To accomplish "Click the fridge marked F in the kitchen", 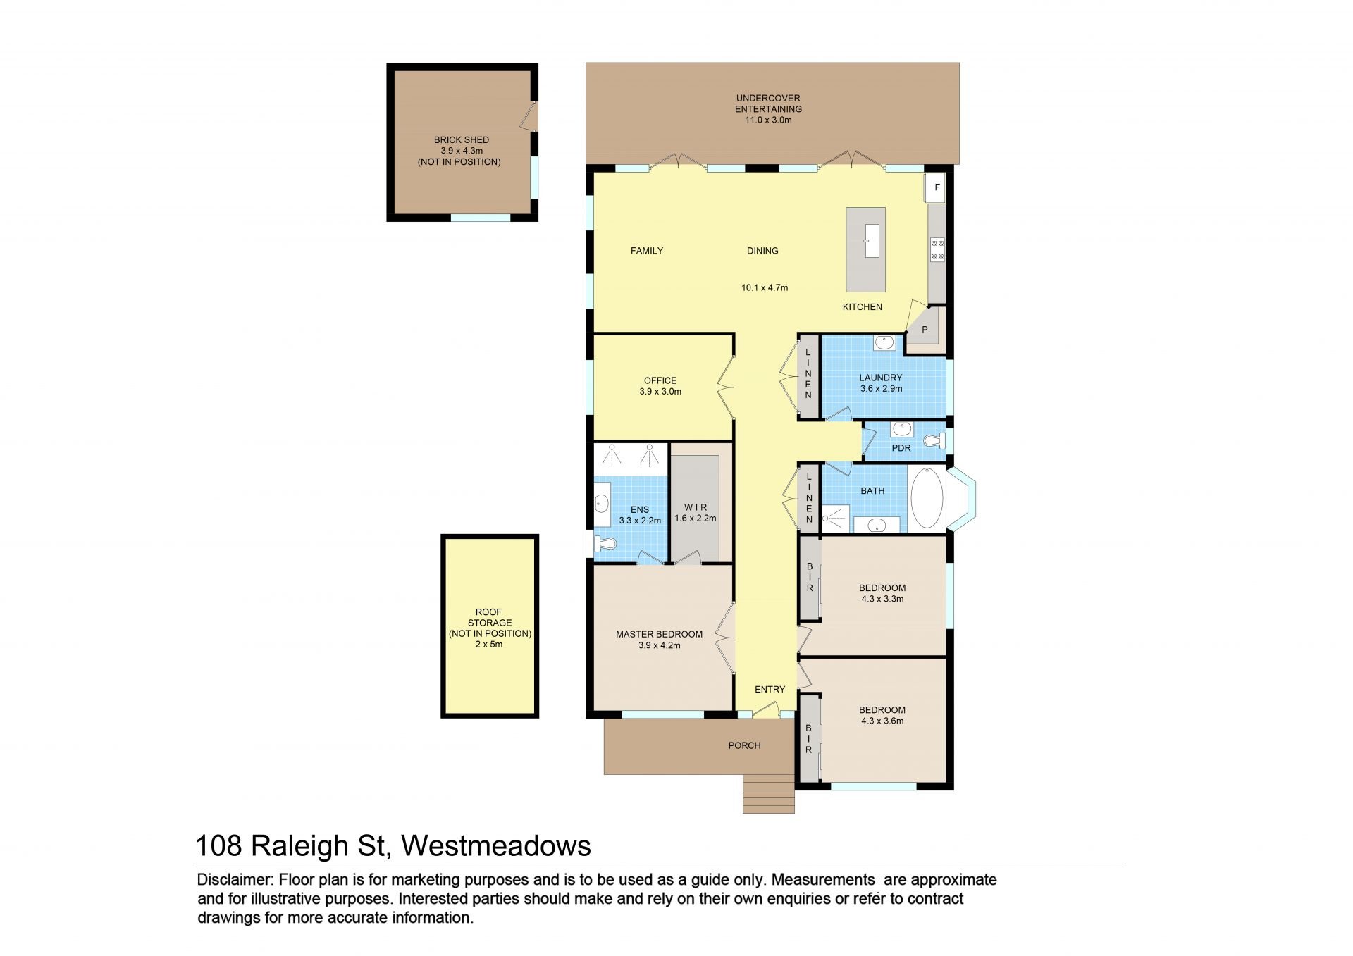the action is [x=935, y=187].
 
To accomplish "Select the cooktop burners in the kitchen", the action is [x=937, y=250].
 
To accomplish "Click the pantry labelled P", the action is [x=925, y=329].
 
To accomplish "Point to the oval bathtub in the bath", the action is [x=927, y=498].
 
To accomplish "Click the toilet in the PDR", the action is [x=936, y=441].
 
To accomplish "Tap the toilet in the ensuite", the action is [x=605, y=544].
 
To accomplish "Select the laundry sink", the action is [x=884, y=343].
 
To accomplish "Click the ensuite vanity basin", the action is [x=602, y=503].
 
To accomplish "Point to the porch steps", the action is [x=769, y=794].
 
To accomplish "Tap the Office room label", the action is [x=660, y=380].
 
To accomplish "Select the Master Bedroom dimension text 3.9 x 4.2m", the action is [x=660, y=645].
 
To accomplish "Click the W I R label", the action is [x=696, y=507].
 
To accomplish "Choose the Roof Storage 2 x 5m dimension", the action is [x=489, y=644].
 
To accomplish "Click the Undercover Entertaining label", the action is [x=768, y=104].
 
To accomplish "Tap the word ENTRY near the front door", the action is [x=770, y=689].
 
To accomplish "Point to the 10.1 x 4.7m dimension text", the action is [x=765, y=287].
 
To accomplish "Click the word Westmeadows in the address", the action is [x=496, y=845].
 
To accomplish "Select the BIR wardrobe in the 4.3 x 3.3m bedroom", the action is [x=810, y=578].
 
